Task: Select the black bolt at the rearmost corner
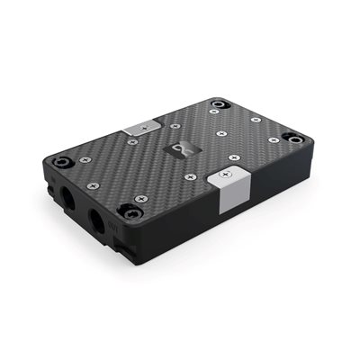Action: pos(216,105)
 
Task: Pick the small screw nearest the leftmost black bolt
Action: pos(85,159)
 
